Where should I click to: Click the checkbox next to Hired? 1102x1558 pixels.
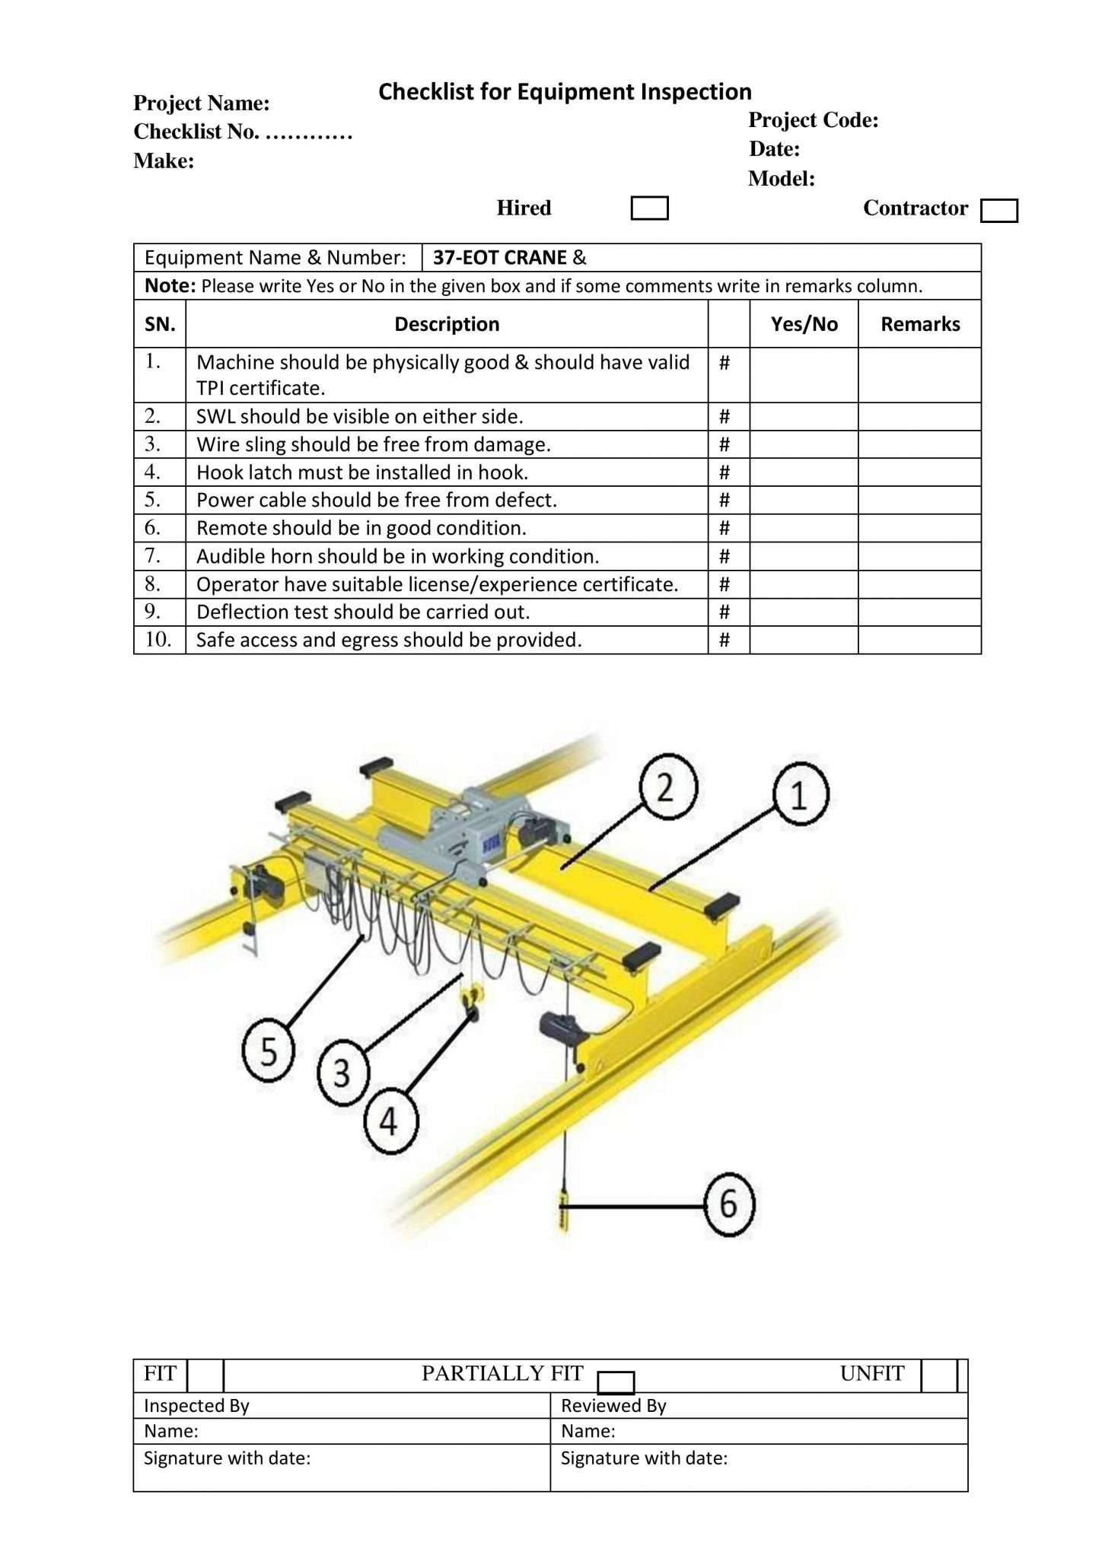pos(649,208)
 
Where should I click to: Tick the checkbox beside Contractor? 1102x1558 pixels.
pos(998,211)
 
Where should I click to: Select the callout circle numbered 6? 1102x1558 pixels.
pos(728,1204)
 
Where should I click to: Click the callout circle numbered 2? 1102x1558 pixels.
pos(665,790)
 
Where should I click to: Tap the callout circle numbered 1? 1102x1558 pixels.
pos(800,796)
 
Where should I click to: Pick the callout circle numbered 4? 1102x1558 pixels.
pos(390,1121)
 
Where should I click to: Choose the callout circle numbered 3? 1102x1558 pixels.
pos(342,1073)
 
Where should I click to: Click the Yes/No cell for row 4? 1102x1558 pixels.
pos(803,472)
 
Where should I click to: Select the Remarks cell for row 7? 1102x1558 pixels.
pos(919,556)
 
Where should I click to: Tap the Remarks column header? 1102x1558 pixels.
pos(919,324)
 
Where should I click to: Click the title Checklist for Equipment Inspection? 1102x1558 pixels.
pos(565,92)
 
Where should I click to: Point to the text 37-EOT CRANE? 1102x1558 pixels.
pos(500,258)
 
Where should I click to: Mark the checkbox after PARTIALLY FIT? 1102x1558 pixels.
pos(616,1382)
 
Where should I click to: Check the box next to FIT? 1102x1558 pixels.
pos(204,1375)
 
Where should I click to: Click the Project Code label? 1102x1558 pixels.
pos(813,120)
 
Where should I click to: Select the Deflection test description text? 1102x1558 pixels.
pos(363,612)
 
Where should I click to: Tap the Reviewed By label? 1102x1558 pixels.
pos(613,1406)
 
